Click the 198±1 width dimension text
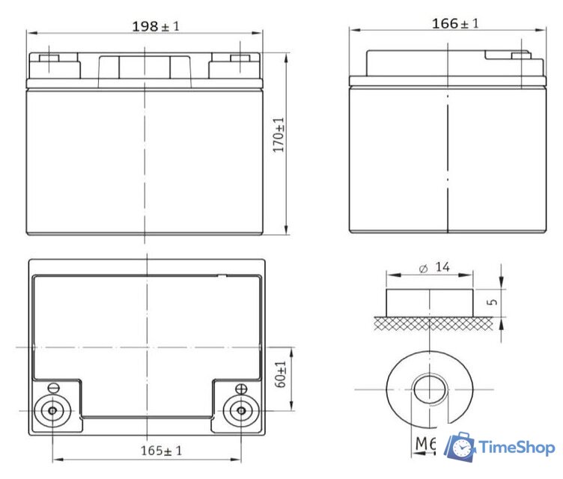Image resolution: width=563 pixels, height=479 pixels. pos(156,26)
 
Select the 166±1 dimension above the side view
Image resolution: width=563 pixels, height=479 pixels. pos(455,23)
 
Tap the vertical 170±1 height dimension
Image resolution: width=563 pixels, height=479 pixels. pos(279,135)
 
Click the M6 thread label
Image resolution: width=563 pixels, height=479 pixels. pos(425,444)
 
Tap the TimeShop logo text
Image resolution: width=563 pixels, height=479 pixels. pos(517,447)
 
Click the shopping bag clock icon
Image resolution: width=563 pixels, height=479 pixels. pos(460,447)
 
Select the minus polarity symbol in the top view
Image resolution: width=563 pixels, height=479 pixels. pos(53,388)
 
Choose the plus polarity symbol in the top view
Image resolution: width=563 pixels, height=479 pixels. pos(241,388)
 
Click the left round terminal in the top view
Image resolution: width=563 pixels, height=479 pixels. pos(52,411)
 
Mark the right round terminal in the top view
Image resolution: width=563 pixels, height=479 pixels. pos(241,411)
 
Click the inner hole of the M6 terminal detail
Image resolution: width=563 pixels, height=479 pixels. pos(430,390)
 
